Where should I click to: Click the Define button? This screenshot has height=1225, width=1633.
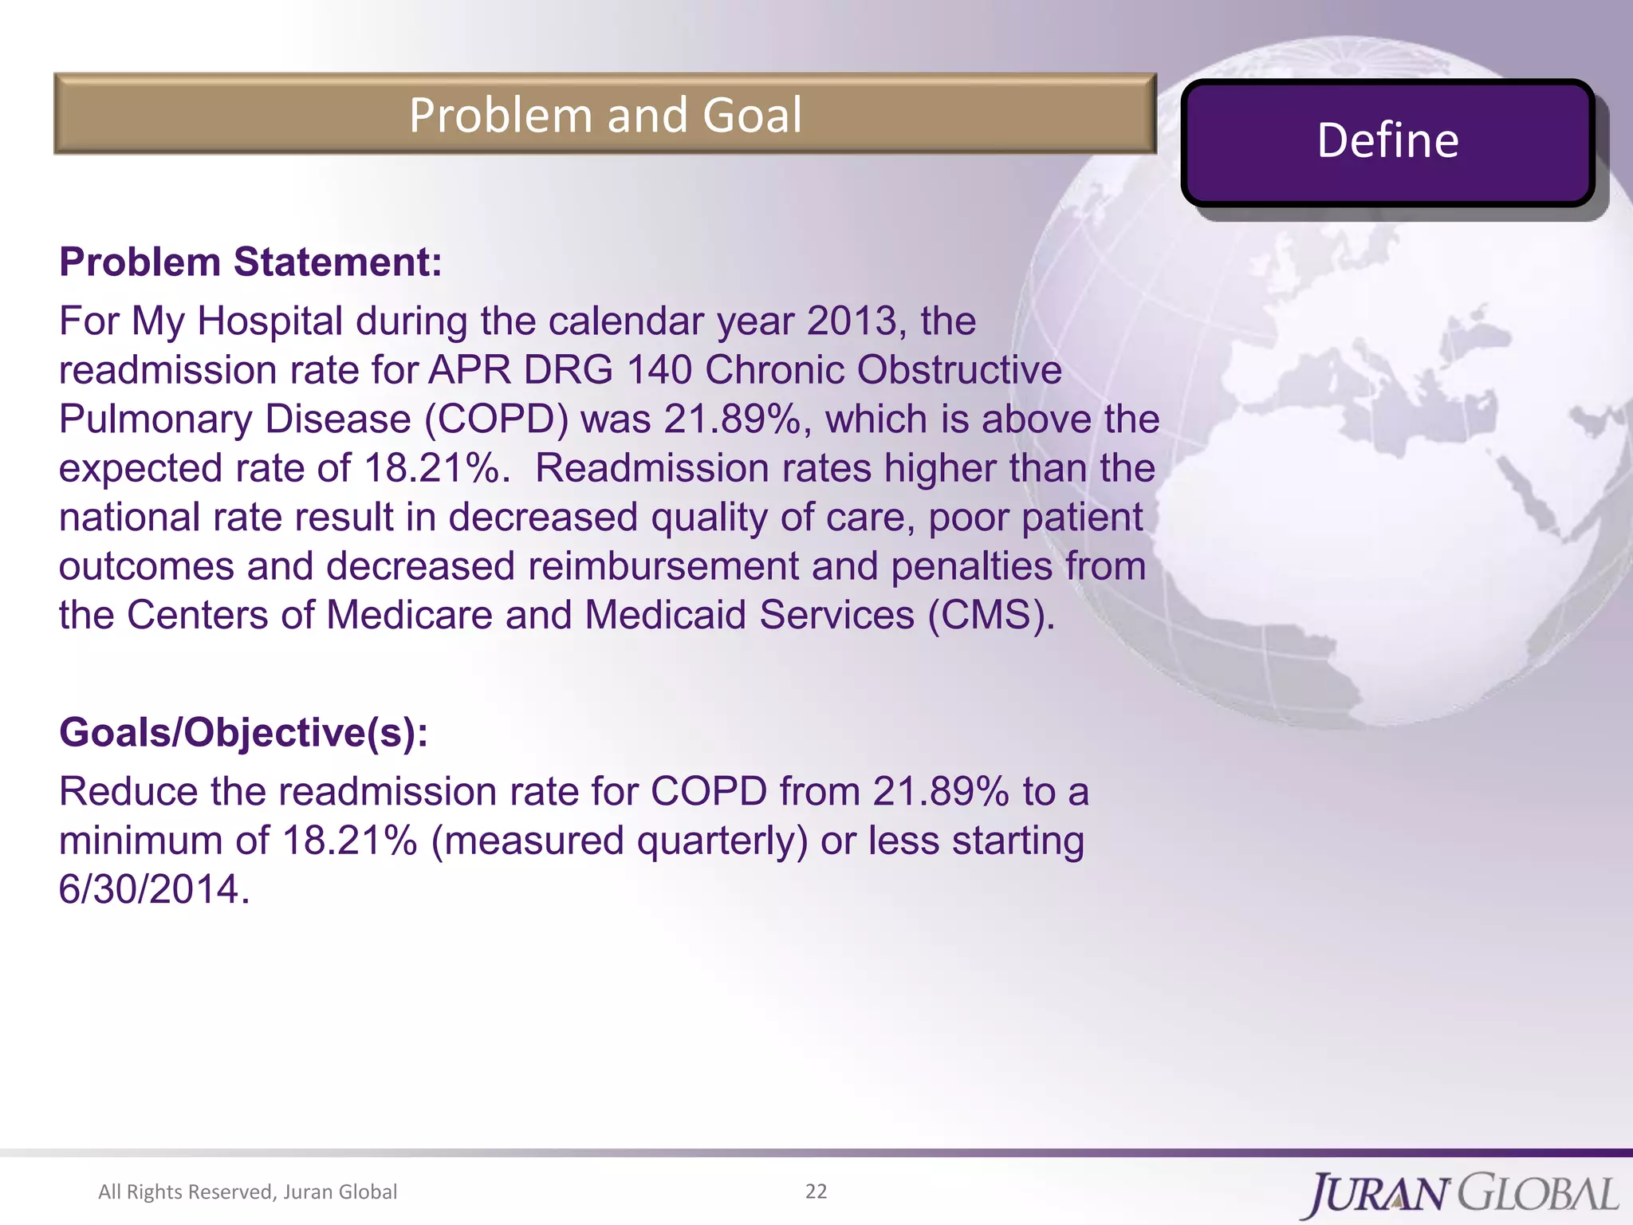pyautogui.click(x=1387, y=142)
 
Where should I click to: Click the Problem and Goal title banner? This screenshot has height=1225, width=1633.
pyautogui.click(x=604, y=114)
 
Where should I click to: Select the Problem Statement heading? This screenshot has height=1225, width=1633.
pyautogui.click(x=250, y=262)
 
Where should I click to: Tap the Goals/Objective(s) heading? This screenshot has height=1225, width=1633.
pyautogui.click(x=243, y=732)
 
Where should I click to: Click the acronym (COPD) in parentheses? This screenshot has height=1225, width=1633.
pyautogui.click(x=495, y=419)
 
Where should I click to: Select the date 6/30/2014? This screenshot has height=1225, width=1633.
pyautogui.click(x=150, y=889)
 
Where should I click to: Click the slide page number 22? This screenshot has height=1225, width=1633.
pyautogui.click(x=816, y=1192)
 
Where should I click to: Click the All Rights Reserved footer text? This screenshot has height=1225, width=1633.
pyautogui.click(x=247, y=1192)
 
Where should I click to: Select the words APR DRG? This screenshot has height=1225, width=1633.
pyautogui.click(x=521, y=371)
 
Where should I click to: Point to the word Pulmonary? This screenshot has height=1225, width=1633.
pyautogui.click(x=155, y=419)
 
